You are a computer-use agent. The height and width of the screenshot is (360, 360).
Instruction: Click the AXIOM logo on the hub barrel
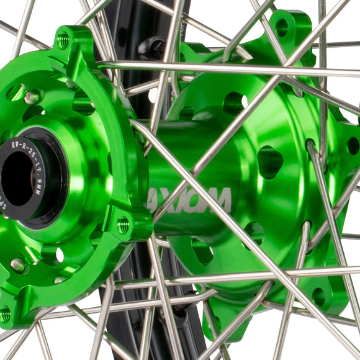coord(190,200)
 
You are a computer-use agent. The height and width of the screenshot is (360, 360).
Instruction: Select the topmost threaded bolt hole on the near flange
coord(63,41)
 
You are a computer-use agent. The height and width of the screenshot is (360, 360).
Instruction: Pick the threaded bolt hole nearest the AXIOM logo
coord(124,225)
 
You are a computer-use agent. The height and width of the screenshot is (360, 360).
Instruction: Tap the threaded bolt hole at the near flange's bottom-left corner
coord(6,314)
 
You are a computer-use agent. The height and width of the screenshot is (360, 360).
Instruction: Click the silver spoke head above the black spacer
coord(32,97)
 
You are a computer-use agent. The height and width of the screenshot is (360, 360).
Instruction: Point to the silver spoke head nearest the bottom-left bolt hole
coord(17,264)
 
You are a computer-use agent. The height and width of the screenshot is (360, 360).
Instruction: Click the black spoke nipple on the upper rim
coord(151,47)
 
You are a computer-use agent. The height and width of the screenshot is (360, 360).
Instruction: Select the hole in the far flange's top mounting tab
coord(282,27)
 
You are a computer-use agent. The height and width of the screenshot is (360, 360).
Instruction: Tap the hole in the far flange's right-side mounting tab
coord(353,145)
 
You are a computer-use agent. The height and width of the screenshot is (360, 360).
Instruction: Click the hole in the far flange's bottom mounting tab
coord(318,296)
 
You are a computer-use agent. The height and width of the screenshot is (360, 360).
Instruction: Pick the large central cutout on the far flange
coord(270,163)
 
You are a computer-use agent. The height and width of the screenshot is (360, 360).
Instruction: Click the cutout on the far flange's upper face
coord(235,103)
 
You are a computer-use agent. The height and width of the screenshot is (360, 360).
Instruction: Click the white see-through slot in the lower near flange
coord(60,254)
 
